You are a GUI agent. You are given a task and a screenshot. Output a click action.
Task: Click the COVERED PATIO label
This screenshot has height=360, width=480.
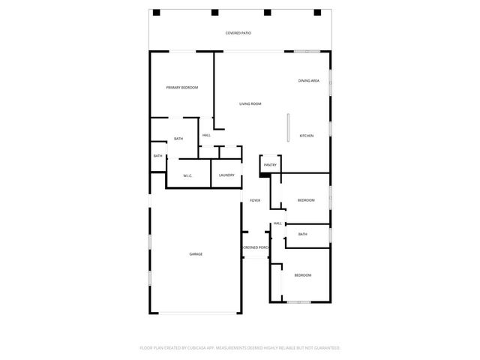click(x=238, y=34)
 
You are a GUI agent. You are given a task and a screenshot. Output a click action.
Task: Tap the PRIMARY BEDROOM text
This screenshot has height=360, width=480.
click(x=181, y=88)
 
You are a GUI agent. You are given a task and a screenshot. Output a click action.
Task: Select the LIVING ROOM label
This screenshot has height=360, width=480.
click(x=250, y=103)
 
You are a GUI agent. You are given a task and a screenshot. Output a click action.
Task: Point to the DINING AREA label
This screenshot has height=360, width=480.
click(x=309, y=80)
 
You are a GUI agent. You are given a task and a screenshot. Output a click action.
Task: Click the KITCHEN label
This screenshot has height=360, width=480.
click(x=306, y=136)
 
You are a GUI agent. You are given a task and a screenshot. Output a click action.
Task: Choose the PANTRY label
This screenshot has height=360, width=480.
click(x=270, y=165)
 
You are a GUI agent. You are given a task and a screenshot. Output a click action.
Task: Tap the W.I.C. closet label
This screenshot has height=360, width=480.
click(x=189, y=175)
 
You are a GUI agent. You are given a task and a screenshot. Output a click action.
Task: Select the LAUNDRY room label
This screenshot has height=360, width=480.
click(x=226, y=175)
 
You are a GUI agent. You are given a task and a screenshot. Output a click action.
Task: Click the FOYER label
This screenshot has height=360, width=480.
click(x=255, y=200)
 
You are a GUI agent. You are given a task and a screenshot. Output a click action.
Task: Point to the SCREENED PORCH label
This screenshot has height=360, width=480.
click(x=256, y=247)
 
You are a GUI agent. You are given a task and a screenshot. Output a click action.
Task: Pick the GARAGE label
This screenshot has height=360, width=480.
click(x=195, y=254)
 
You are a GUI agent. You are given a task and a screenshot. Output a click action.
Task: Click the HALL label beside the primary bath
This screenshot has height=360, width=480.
click(x=206, y=135)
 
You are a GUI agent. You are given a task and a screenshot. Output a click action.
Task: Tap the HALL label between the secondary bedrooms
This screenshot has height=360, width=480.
click(x=277, y=223)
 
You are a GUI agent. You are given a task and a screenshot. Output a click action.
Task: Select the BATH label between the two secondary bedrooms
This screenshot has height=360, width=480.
click(x=302, y=234)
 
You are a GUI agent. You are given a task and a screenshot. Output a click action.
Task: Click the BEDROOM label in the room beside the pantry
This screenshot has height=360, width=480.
click(x=305, y=200)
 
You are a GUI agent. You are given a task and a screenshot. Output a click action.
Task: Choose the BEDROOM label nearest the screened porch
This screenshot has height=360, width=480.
click(x=302, y=276)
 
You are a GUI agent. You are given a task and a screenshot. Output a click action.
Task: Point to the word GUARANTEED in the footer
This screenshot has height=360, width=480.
click(x=325, y=348)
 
